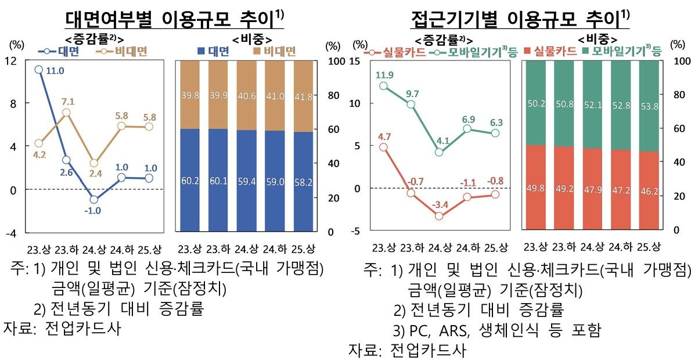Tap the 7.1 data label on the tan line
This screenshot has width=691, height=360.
tap(67, 101)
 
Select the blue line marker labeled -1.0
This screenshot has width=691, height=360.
tap(93, 199)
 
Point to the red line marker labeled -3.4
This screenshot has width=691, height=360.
tap(439, 216)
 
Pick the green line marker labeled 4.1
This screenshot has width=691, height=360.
tap(439, 152)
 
